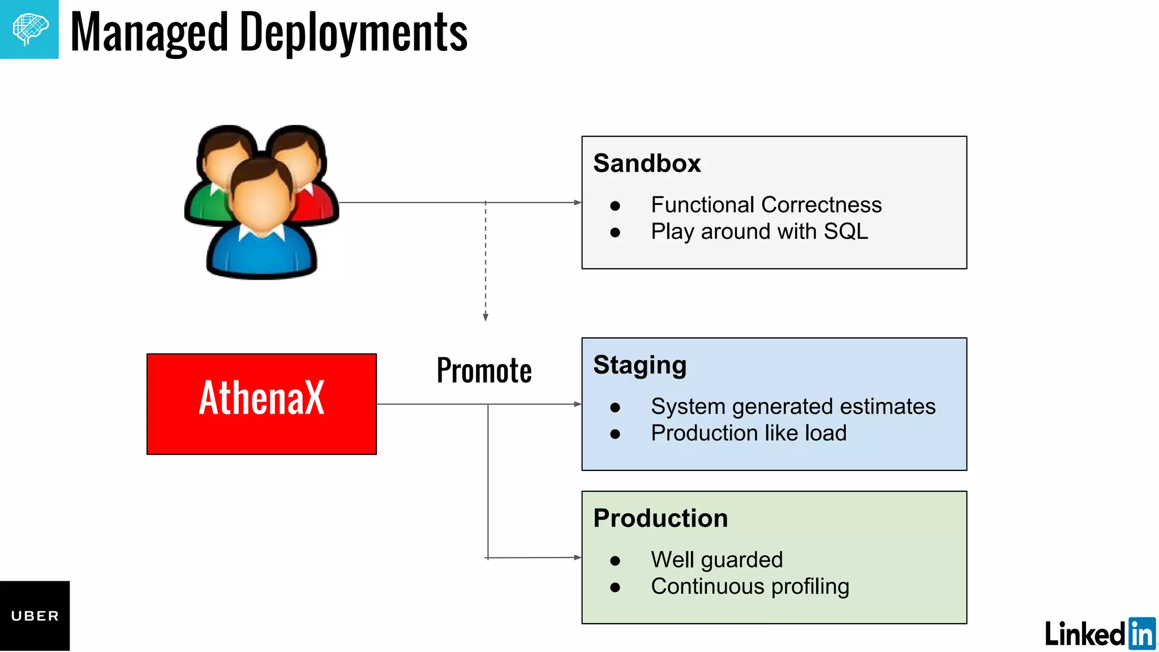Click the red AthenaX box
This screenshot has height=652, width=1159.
[261, 404]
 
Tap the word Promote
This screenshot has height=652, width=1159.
[484, 371]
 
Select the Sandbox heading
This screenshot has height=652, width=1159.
[647, 163]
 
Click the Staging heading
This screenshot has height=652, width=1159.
[639, 365]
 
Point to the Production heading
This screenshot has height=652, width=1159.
[660, 518]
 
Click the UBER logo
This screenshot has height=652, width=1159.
[35, 616]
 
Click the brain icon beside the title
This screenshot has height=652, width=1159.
[29, 29]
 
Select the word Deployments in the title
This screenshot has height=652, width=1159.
[354, 33]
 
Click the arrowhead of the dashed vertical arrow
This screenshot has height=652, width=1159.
[486, 317]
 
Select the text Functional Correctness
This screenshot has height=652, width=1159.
[766, 205]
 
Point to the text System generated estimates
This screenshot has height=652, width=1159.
[793, 406]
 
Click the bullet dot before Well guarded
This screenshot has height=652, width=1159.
[615, 561]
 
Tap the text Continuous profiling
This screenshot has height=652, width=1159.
[750, 586]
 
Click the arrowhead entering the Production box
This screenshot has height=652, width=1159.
[577, 557]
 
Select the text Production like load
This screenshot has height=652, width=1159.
[748, 433]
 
